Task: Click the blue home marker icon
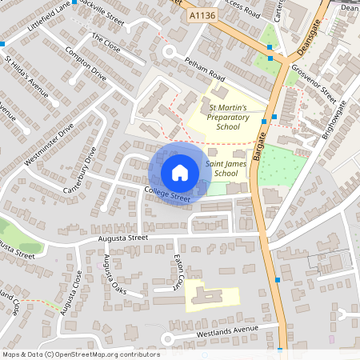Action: pos(180,172)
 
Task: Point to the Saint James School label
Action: pos(222,168)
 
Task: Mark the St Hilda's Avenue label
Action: pos(26,72)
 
